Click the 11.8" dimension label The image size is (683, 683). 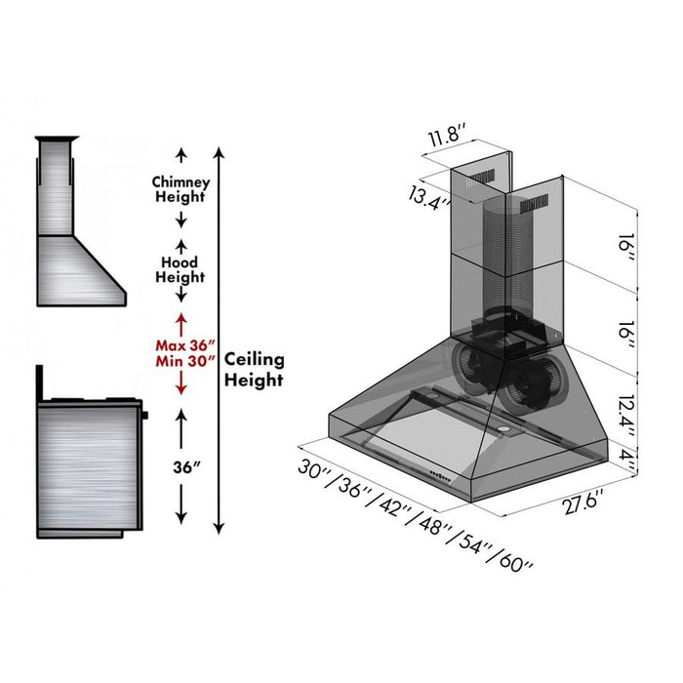(447, 138)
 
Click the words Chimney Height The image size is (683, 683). (180, 189)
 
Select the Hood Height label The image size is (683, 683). (180, 269)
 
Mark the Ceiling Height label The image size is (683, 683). (255, 369)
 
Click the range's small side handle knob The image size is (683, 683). (145, 416)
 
